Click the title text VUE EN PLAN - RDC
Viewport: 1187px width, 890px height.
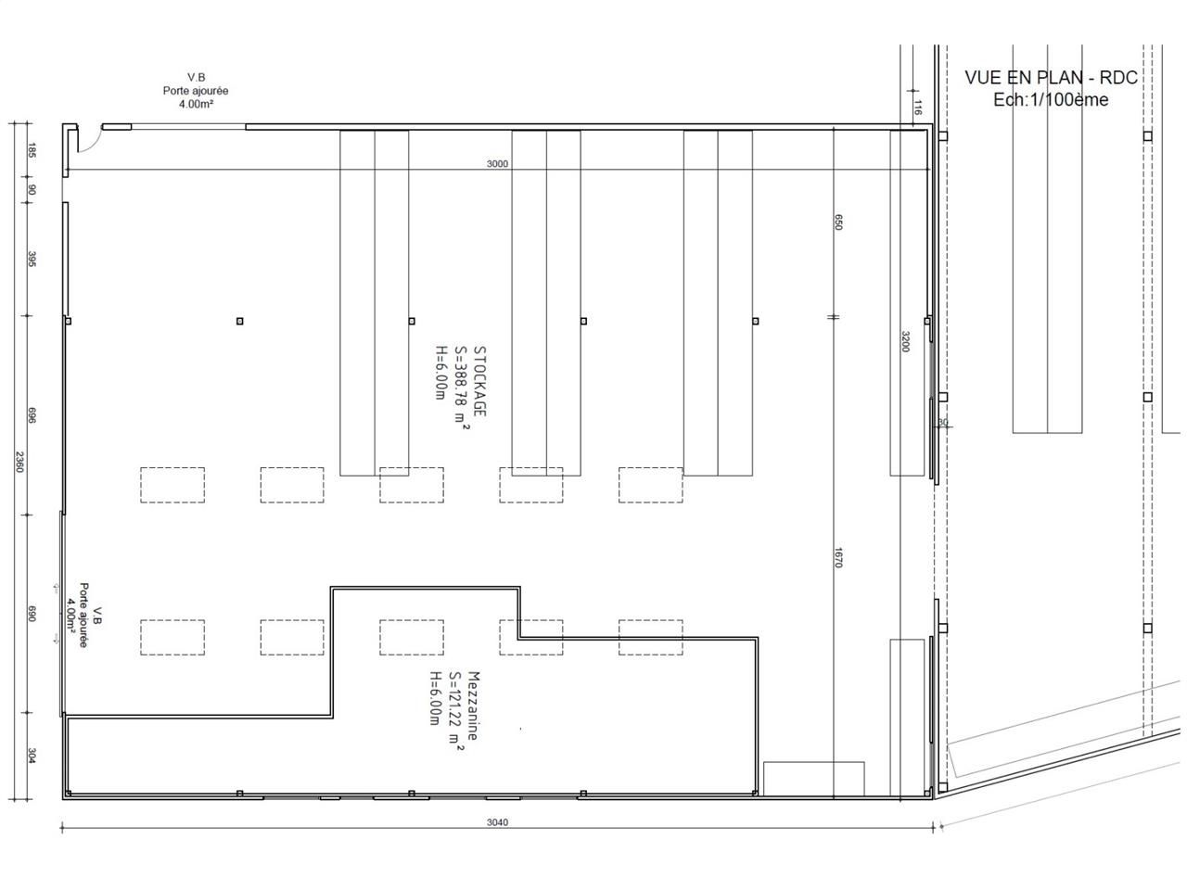[1051, 78]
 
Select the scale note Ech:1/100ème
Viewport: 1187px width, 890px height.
[1051, 100]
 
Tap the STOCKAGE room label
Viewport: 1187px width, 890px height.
[479, 380]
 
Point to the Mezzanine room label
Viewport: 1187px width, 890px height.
[473, 705]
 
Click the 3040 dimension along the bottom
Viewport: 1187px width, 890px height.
[498, 822]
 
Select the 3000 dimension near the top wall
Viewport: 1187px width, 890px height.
[497, 164]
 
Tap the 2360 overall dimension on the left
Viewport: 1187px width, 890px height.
[18, 461]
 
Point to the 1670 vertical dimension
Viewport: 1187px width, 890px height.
[837, 557]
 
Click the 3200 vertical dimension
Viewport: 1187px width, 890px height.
[906, 342]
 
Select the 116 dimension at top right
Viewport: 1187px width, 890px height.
[917, 107]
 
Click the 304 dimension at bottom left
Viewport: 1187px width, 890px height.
[31, 756]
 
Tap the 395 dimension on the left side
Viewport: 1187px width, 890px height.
[31, 258]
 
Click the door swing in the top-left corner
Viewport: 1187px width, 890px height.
[85, 142]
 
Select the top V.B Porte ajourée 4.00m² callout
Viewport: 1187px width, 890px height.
[196, 91]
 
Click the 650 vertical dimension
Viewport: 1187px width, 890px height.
[837, 222]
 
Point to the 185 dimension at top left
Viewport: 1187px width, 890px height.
[31, 149]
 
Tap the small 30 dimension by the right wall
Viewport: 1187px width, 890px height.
[943, 423]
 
